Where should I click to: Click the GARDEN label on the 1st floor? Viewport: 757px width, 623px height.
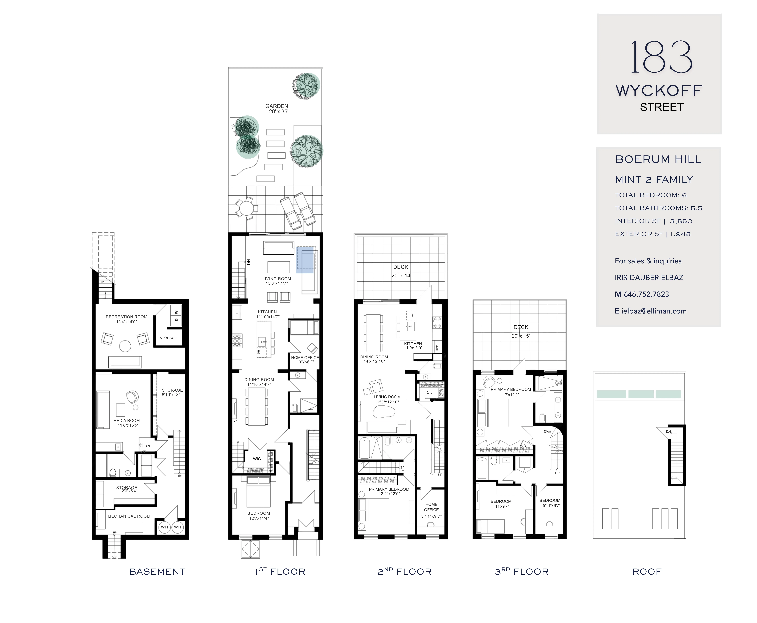coord(277,106)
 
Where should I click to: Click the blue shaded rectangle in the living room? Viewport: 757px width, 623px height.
coord(305,260)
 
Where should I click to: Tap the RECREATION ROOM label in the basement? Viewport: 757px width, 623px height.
coord(126,317)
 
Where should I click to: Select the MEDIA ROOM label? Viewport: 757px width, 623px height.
coord(126,421)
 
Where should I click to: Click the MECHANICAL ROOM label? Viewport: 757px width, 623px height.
coord(129,516)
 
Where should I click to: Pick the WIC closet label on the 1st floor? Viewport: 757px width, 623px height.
coord(257,459)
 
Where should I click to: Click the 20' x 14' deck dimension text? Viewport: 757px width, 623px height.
coord(401,276)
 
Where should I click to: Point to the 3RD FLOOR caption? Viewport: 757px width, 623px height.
coord(521,572)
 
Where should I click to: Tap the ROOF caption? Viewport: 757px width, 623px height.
coord(647,572)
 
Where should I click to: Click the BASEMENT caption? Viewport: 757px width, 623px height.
coord(157,572)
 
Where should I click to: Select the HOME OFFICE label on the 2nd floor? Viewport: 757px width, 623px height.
coord(431,507)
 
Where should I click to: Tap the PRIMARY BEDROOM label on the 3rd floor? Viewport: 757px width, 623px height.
coord(511,389)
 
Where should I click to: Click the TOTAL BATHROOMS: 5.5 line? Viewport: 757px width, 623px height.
coord(658,208)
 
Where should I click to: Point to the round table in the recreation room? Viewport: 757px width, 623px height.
coord(125,346)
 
